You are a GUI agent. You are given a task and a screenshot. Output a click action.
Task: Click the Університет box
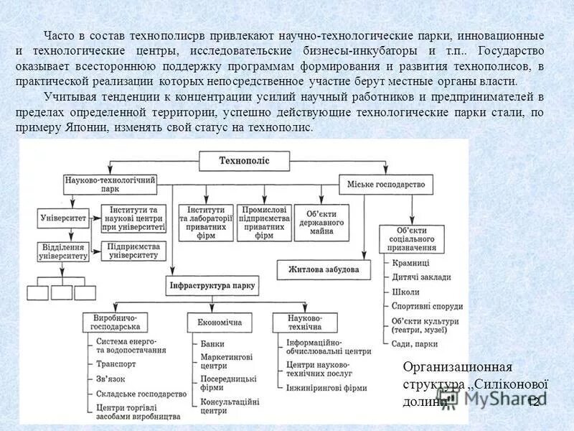[63, 216]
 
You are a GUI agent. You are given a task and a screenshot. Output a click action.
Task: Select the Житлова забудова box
[324, 269]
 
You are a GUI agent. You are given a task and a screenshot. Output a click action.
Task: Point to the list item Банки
[212, 344]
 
